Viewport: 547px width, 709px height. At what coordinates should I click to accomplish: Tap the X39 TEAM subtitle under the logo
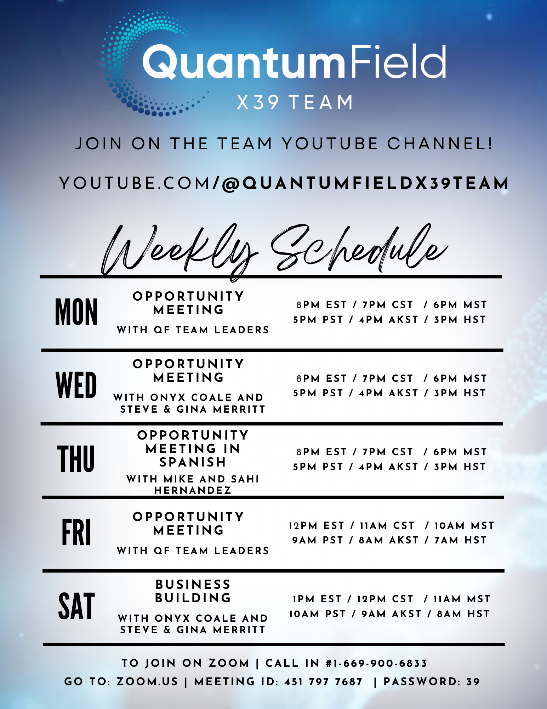coord(295,102)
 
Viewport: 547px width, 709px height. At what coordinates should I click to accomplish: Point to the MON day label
coord(76,312)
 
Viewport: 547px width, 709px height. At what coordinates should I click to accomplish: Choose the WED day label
coord(76,385)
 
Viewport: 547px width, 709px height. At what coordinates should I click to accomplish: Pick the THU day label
coord(76,459)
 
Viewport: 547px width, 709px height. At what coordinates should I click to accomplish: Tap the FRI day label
coord(76,532)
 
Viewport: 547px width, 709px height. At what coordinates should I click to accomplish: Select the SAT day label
coord(76,606)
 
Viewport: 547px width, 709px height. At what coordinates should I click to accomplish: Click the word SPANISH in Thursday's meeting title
coord(193,462)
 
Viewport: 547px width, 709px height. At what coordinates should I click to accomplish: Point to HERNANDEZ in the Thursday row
coord(193,490)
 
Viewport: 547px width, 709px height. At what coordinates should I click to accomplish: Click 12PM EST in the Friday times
coord(317,525)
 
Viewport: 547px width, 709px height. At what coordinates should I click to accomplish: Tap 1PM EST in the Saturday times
coord(317,599)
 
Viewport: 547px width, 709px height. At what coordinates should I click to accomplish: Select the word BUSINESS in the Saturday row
coord(193,584)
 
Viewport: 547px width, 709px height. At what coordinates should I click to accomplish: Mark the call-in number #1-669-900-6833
coord(376,663)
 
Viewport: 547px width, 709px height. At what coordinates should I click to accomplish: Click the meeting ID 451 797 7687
coord(324,682)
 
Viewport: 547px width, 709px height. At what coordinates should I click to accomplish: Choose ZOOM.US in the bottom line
coord(147,682)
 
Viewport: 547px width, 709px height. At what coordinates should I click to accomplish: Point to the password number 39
coord(473,682)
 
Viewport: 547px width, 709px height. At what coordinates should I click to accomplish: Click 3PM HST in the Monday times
coord(460,320)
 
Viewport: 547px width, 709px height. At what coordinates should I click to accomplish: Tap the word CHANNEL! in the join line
coord(440,144)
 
